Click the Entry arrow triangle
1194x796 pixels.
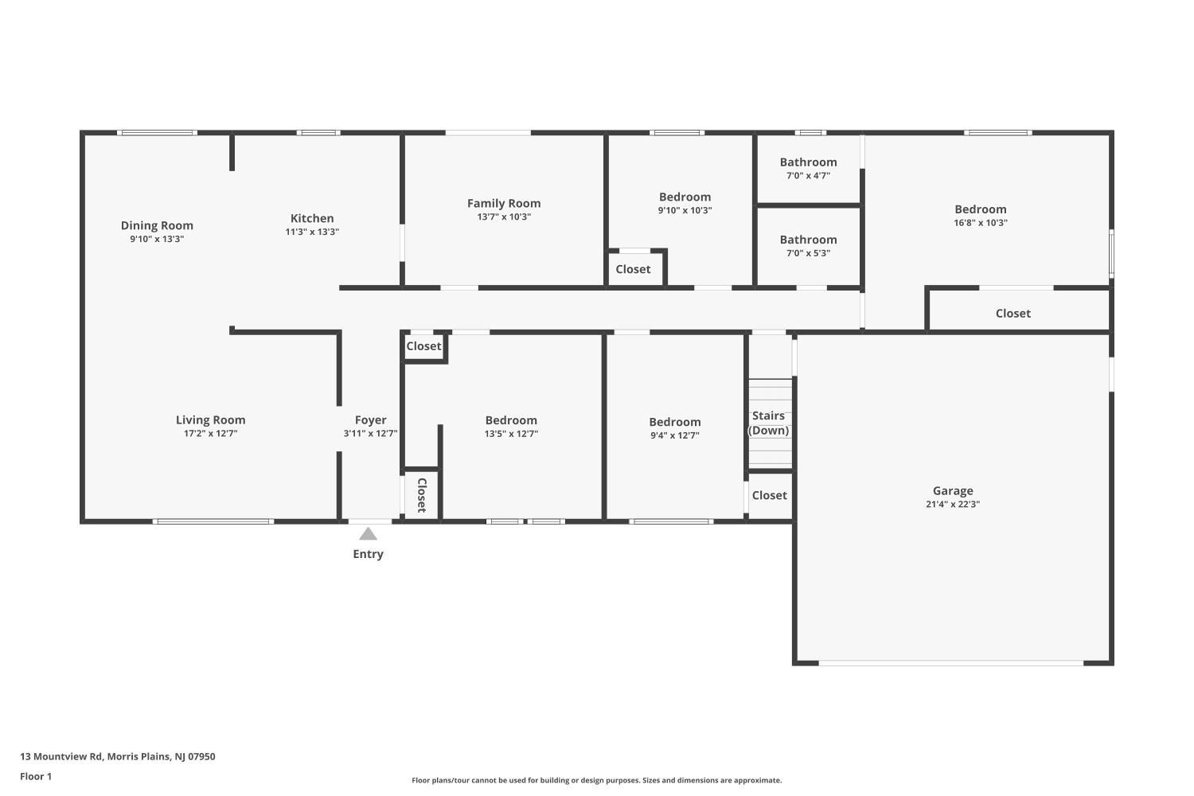[368, 533]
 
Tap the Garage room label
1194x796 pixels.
[953, 491]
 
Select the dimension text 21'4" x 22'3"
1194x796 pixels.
[953, 505]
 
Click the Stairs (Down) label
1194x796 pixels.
[768, 423]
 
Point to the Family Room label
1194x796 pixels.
[504, 203]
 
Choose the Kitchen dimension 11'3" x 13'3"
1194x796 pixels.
[312, 232]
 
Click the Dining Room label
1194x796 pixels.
[157, 225]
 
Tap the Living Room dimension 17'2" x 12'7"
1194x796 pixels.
[211, 434]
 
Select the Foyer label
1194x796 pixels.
[370, 420]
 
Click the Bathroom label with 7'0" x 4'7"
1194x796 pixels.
[808, 162]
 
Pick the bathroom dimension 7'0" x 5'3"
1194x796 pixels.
[808, 253]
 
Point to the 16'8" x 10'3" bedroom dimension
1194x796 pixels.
[980, 223]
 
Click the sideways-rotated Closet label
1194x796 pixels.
[422, 495]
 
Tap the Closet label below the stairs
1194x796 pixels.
[769, 495]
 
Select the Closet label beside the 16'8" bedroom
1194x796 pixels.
[1013, 314]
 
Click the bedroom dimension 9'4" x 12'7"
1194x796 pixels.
[674, 435]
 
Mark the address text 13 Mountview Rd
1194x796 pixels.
[60, 756]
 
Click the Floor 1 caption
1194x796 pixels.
[36, 776]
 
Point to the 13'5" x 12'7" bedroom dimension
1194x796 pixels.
[511, 434]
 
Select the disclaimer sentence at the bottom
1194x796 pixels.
[596, 780]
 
